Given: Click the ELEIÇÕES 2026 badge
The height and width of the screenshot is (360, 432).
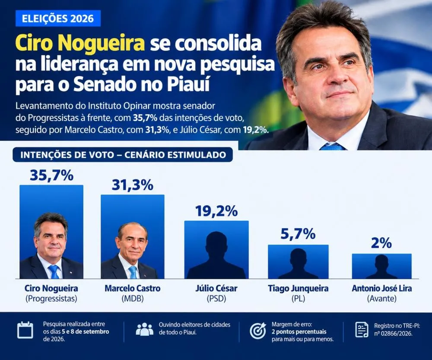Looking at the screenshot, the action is click(58, 19).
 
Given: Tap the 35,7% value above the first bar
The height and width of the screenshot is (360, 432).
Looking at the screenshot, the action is click(51, 175).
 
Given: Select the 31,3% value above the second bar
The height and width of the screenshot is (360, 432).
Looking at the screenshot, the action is click(133, 185).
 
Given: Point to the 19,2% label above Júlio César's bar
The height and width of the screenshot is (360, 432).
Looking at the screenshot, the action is click(216, 211).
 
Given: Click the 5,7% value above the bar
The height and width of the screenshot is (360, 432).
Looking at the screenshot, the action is click(298, 234).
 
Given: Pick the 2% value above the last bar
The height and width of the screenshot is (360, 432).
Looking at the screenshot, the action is click(381, 243).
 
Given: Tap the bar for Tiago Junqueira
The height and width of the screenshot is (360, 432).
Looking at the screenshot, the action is click(299, 261).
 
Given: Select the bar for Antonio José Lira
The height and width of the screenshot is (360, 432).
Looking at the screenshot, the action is click(381, 266).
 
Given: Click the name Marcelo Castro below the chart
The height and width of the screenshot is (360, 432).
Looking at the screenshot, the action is click(133, 289).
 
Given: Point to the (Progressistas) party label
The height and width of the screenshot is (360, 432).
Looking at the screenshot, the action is click(51, 299).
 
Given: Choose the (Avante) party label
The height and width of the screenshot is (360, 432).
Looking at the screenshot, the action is click(382, 299).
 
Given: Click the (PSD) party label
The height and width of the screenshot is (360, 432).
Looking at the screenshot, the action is click(216, 299).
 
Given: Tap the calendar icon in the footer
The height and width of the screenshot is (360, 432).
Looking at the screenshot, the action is click(25, 330).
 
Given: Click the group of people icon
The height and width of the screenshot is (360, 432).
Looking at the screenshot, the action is click(145, 329).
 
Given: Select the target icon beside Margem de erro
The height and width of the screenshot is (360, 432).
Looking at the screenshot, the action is click(258, 330).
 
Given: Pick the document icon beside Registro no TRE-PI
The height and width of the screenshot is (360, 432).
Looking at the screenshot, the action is click(362, 330).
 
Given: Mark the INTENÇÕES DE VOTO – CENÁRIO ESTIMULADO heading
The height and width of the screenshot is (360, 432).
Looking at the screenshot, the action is click(123, 155).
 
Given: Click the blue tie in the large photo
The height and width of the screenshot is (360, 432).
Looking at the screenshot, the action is click(332, 147).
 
